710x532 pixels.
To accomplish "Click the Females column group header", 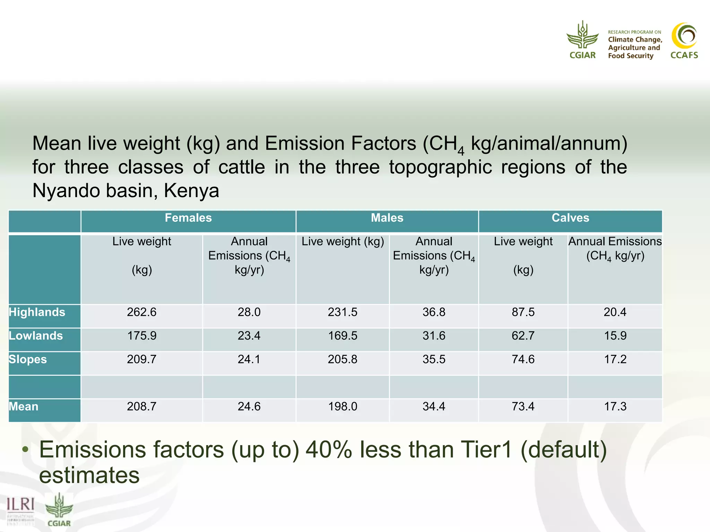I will click(x=188, y=218).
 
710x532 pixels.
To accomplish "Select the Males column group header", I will click(x=387, y=218).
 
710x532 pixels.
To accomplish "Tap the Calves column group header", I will click(x=570, y=218).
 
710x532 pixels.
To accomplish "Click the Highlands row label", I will click(x=37, y=312).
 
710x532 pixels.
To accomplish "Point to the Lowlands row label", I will click(x=36, y=336).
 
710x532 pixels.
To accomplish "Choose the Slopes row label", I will click(x=28, y=360).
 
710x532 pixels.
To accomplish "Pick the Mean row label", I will click(x=24, y=407).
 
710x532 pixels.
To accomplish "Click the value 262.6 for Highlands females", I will click(x=141, y=312).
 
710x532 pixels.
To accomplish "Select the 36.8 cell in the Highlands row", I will click(x=434, y=312).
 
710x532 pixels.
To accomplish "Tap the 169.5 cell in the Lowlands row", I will click(x=343, y=336).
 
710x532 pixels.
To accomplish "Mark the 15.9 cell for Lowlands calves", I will click(x=615, y=336).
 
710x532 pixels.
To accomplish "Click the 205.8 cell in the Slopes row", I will click(x=343, y=360).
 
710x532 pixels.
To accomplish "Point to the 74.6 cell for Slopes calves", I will click(x=523, y=360).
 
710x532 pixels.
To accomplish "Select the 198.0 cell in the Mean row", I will click(x=343, y=407).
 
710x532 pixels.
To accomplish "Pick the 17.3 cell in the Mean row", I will click(x=615, y=407).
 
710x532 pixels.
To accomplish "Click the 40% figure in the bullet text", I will click(x=329, y=450).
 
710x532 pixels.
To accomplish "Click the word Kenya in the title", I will click(x=191, y=191).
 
